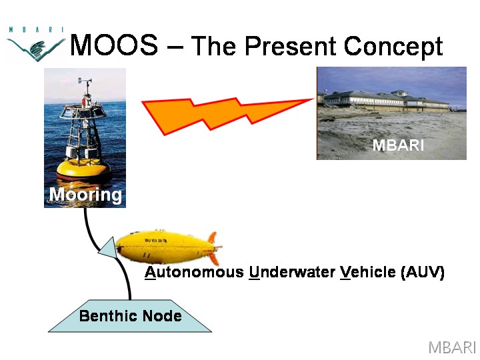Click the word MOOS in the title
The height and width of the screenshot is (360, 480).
tap(114, 45)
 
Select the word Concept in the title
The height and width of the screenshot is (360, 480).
tap(393, 47)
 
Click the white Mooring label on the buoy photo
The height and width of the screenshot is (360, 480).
tap(85, 195)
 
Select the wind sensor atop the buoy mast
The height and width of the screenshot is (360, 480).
tap(85, 82)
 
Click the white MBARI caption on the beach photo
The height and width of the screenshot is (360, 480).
tap(398, 145)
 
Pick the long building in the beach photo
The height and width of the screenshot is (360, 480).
tap(386, 101)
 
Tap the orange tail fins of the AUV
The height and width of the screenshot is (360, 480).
tap(214, 247)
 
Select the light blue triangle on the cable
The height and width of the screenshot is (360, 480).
tap(108, 248)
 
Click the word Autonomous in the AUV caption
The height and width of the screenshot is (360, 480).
tap(195, 272)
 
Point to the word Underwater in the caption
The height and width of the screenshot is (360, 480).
tap(292, 272)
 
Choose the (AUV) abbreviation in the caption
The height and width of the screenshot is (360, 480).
tap(423, 272)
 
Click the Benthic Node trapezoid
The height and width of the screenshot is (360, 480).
tap(130, 316)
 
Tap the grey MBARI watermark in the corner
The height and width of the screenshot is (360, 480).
tap(452, 347)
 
